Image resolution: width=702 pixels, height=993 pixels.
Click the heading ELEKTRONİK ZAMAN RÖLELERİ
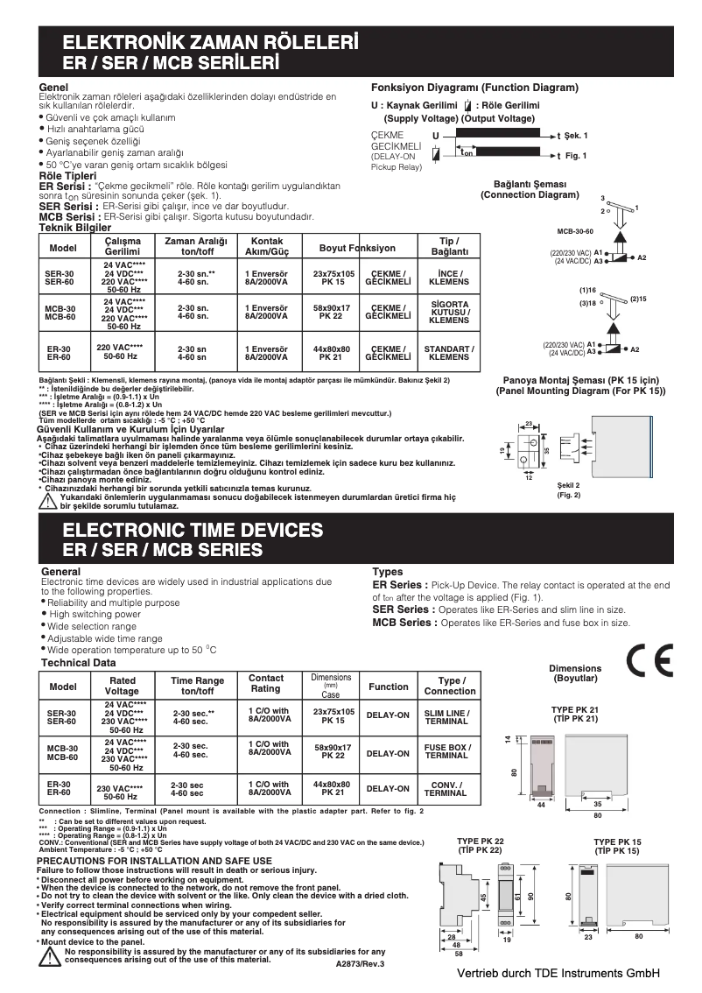[209, 43]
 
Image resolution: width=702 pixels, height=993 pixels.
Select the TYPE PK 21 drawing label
[573, 714]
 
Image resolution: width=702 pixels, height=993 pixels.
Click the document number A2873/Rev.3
[360, 963]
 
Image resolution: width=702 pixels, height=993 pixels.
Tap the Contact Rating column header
[266, 683]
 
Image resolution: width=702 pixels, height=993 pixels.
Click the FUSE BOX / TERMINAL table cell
[446, 751]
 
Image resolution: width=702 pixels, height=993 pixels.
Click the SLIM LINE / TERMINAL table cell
[446, 716]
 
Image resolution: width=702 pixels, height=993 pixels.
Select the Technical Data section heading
[78, 663]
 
